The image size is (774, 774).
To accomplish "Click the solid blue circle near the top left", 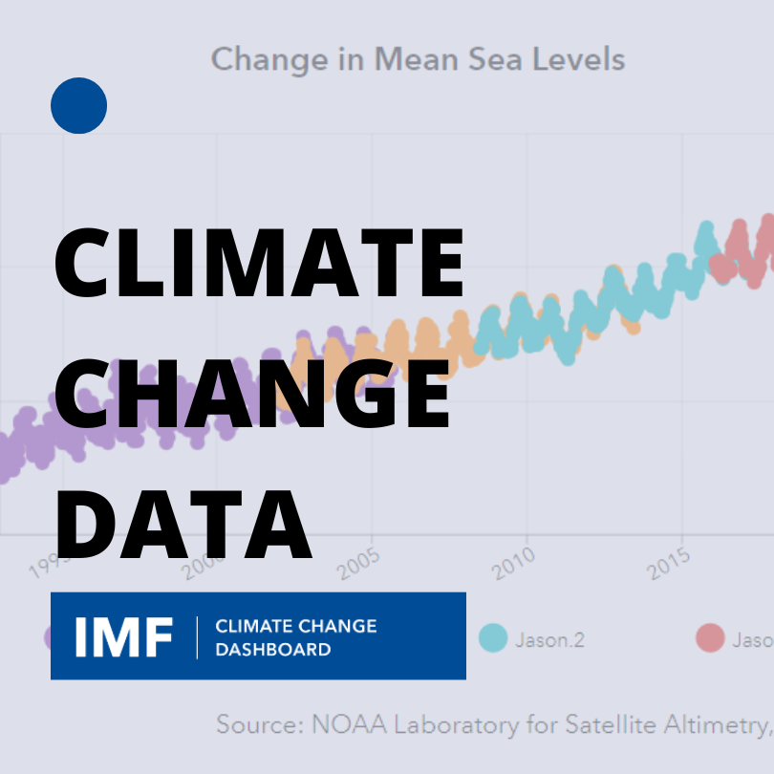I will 78,105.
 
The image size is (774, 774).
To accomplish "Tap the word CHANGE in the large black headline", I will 252,392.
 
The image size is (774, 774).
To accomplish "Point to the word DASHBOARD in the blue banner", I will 272,650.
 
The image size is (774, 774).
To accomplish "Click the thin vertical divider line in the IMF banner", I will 197,637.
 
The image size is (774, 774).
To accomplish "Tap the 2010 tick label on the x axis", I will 515,564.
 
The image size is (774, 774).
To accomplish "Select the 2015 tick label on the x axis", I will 670,564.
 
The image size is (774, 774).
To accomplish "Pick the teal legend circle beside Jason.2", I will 493,637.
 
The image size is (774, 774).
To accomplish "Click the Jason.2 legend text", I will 549,638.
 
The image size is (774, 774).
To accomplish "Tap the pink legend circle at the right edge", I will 710,637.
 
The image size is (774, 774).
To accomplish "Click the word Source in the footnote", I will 258,724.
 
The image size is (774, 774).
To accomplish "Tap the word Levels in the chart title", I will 580,59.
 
